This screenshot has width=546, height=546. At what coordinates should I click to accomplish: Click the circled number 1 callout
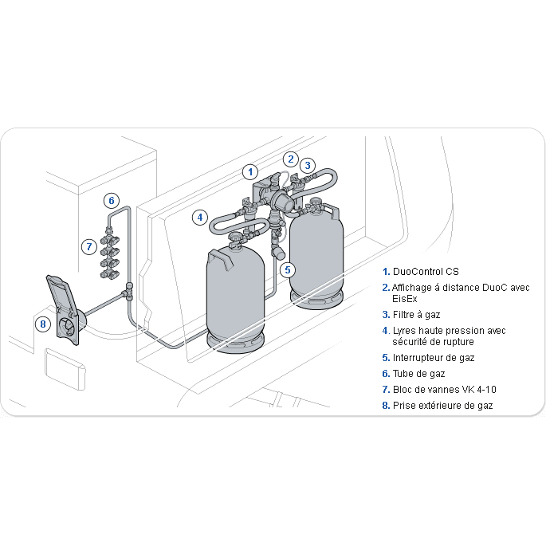click(x=250, y=171)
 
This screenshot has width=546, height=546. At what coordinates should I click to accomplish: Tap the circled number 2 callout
click(x=292, y=159)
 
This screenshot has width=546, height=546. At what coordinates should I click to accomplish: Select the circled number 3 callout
click(x=308, y=166)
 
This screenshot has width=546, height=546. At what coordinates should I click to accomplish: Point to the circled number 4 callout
click(x=200, y=217)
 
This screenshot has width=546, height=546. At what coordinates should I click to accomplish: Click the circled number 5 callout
click(x=288, y=269)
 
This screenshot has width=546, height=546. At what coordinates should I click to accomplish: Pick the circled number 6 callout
click(x=112, y=200)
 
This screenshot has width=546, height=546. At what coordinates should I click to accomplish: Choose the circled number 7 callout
click(x=89, y=246)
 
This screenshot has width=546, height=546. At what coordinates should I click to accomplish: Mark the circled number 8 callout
click(x=43, y=324)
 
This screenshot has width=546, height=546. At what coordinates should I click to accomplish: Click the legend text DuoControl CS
click(x=426, y=271)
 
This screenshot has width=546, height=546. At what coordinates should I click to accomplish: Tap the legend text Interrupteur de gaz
click(x=433, y=358)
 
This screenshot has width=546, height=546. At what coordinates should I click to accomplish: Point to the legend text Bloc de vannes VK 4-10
click(x=440, y=390)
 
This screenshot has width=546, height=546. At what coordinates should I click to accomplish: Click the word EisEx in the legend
click(x=404, y=298)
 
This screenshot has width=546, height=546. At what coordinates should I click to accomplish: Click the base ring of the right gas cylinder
click(x=317, y=301)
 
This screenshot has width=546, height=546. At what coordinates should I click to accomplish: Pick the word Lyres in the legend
click(x=405, y=330)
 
